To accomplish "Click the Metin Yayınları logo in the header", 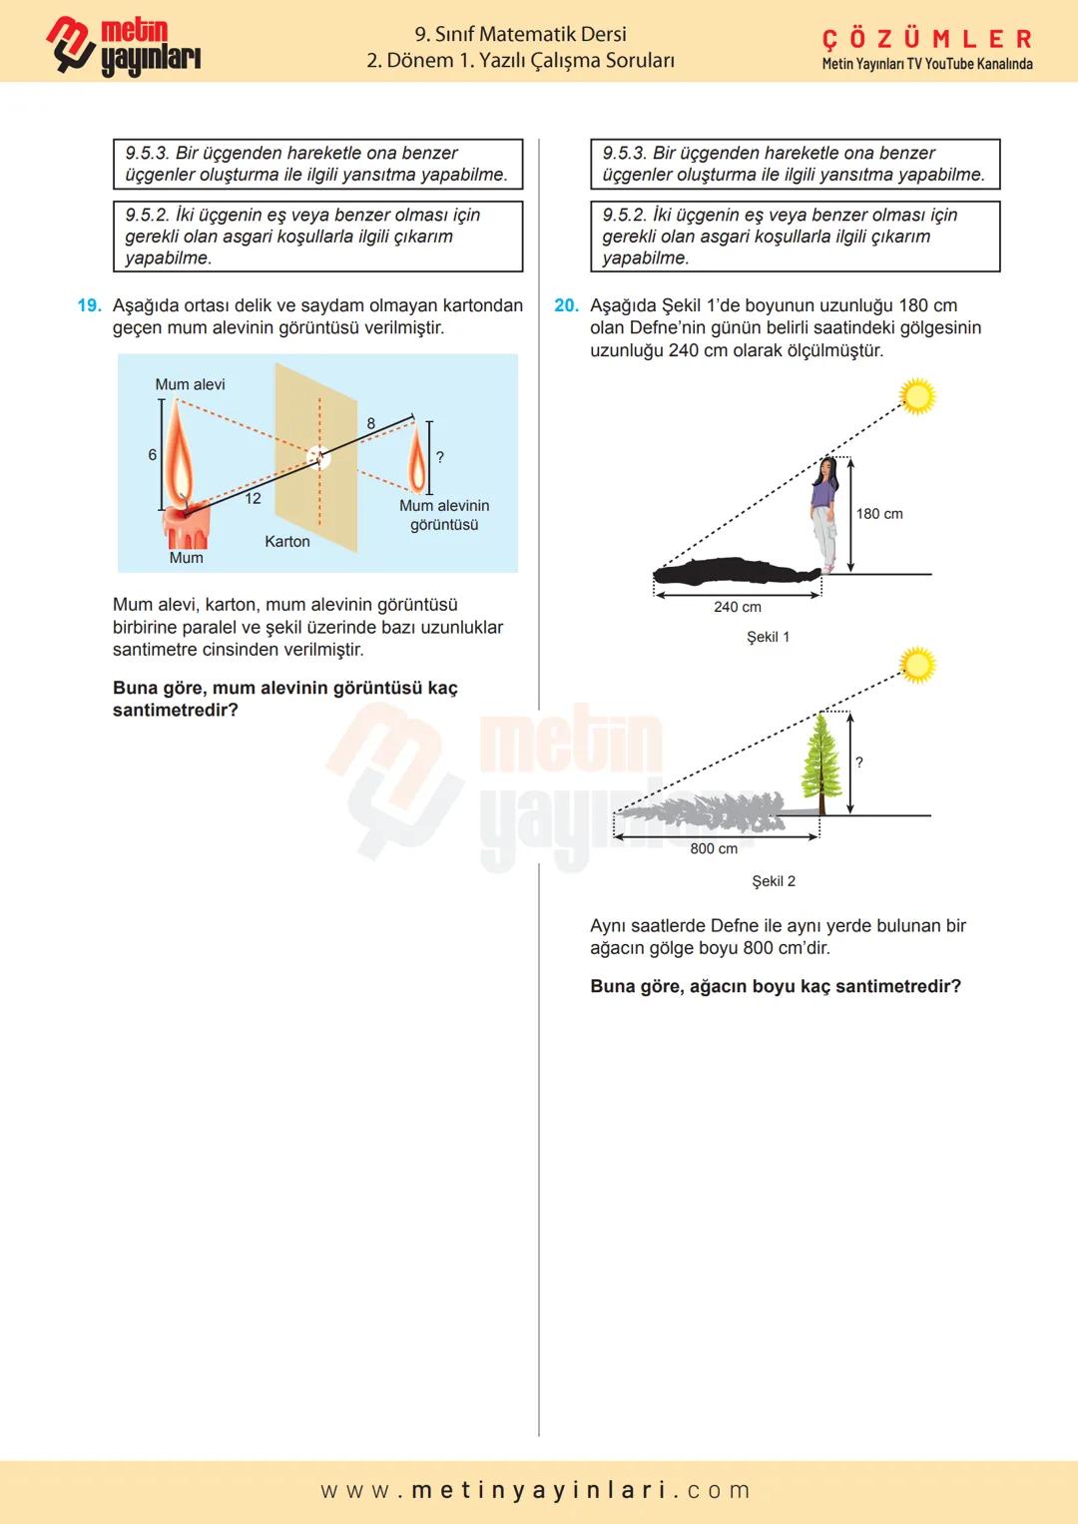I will (x=123, y=46).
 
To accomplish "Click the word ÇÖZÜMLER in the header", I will (x=926, y=39).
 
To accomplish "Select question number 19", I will (x=89, y=305).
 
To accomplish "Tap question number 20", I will (x=566, y=305).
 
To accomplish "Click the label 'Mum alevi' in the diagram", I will (x=190, y=384).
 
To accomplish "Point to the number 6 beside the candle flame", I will (x=152, y=454).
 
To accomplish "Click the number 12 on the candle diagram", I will (x=253, y=498).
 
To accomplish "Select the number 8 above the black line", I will (x=371, y=423).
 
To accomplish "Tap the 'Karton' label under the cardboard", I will (x=286, y=541).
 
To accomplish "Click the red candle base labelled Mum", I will (x=186, y=527).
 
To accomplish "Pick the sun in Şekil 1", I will (x=917, y=396).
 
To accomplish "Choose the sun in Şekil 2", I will (x=917, y=665).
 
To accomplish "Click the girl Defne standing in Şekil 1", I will (x=823, y=513).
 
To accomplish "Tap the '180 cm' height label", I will (x=878, y=514).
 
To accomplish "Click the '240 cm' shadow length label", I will (x=737, y=607).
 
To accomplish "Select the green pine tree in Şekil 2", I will (x=821, y=762).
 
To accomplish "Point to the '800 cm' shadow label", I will (x=714, y=848).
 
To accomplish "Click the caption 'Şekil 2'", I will (x=774, y=881).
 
